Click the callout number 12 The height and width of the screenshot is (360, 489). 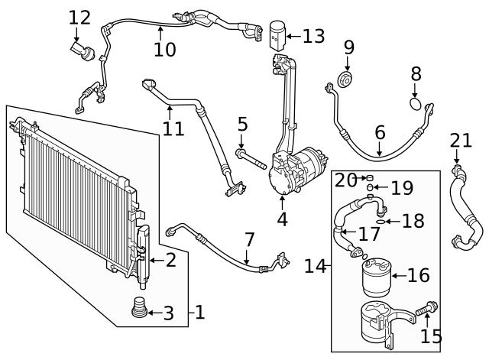click(x=79, y=17)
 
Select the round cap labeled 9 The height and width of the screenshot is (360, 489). click(x=348, y=81)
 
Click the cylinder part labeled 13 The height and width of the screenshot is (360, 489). click(x=278, y=34)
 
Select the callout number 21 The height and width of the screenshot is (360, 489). click(x=461, y=140)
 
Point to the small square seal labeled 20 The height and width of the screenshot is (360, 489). click(x=368, y=177)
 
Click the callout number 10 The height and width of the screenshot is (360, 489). click(x=164, y=50)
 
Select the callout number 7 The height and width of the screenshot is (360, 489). click(x=250, y=239)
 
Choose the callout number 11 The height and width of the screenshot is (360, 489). click(x=173, y=127)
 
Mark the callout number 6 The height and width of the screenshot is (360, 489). click(x=380, y=132)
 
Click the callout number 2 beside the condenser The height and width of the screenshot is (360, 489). click(x=170, y=260)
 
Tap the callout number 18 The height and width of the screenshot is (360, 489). click(x=413, y=222)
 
